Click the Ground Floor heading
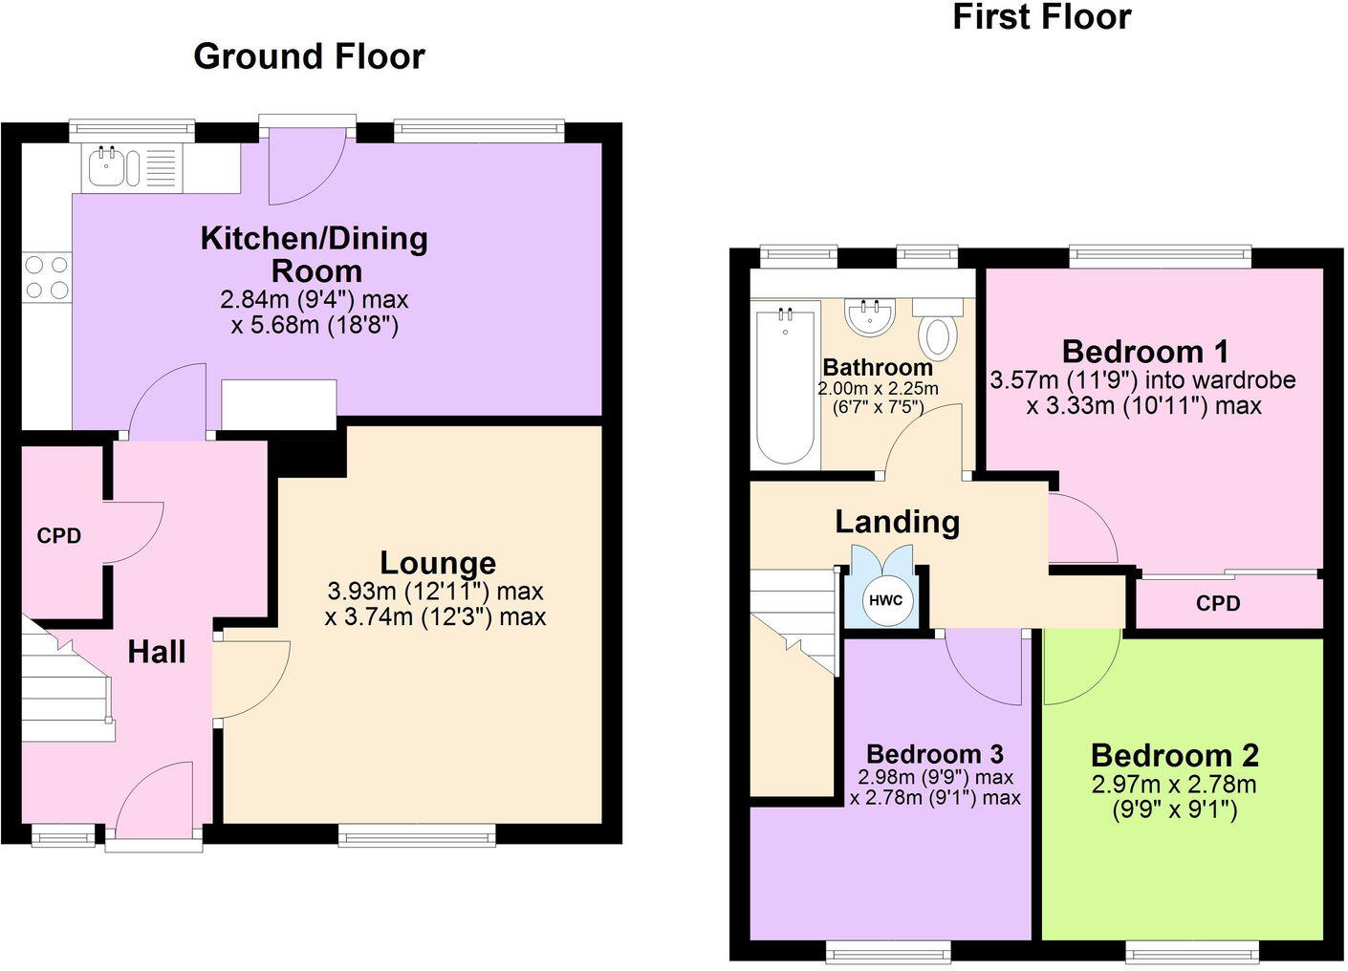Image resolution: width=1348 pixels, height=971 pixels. point(309,56)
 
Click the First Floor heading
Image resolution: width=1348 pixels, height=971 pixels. point(1041,16)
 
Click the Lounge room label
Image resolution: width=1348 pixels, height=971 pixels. point(438,562)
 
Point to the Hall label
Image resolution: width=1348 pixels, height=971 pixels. point(157,652)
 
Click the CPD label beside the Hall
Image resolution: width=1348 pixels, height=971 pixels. point(59,536)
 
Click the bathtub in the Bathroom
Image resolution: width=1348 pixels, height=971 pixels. point(786,382)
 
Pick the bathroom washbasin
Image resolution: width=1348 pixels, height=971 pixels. point(870,317)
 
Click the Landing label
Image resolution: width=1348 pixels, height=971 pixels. point(897,522)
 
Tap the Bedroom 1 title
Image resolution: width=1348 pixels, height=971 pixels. point(1144,352)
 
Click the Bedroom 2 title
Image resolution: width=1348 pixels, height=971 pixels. point(1174,755)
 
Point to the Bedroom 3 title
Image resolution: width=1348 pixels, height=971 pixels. point(934,754)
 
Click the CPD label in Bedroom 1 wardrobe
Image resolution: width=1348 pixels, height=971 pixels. point(1218,604)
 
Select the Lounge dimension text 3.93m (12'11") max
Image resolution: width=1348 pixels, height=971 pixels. point(435,591)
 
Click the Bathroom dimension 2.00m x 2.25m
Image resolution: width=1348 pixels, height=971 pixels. point(878,389)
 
